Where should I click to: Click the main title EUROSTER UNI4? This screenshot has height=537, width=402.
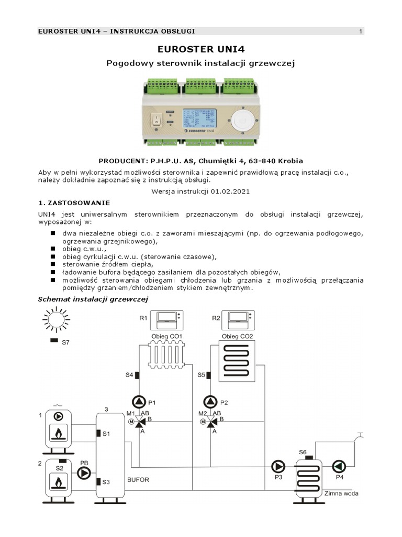(x=201, y=49)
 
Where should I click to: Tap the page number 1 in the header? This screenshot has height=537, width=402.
(x=361, y=31)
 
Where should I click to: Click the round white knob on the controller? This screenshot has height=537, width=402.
(x=243, y=120)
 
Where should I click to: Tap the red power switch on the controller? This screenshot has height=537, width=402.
(x=155, y=120)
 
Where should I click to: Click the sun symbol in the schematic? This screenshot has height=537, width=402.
(x=55, y=320)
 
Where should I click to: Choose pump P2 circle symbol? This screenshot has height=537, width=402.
(x=210, y=402)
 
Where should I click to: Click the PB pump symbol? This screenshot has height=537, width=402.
(x=84, y=474)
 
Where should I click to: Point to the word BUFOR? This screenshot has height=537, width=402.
(x=139, y=479)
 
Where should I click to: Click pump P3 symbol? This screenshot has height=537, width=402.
(x=277, y=466)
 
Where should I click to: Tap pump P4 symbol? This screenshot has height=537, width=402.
(x=339, y=466)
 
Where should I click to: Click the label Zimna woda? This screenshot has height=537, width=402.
(x=342, y=493)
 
